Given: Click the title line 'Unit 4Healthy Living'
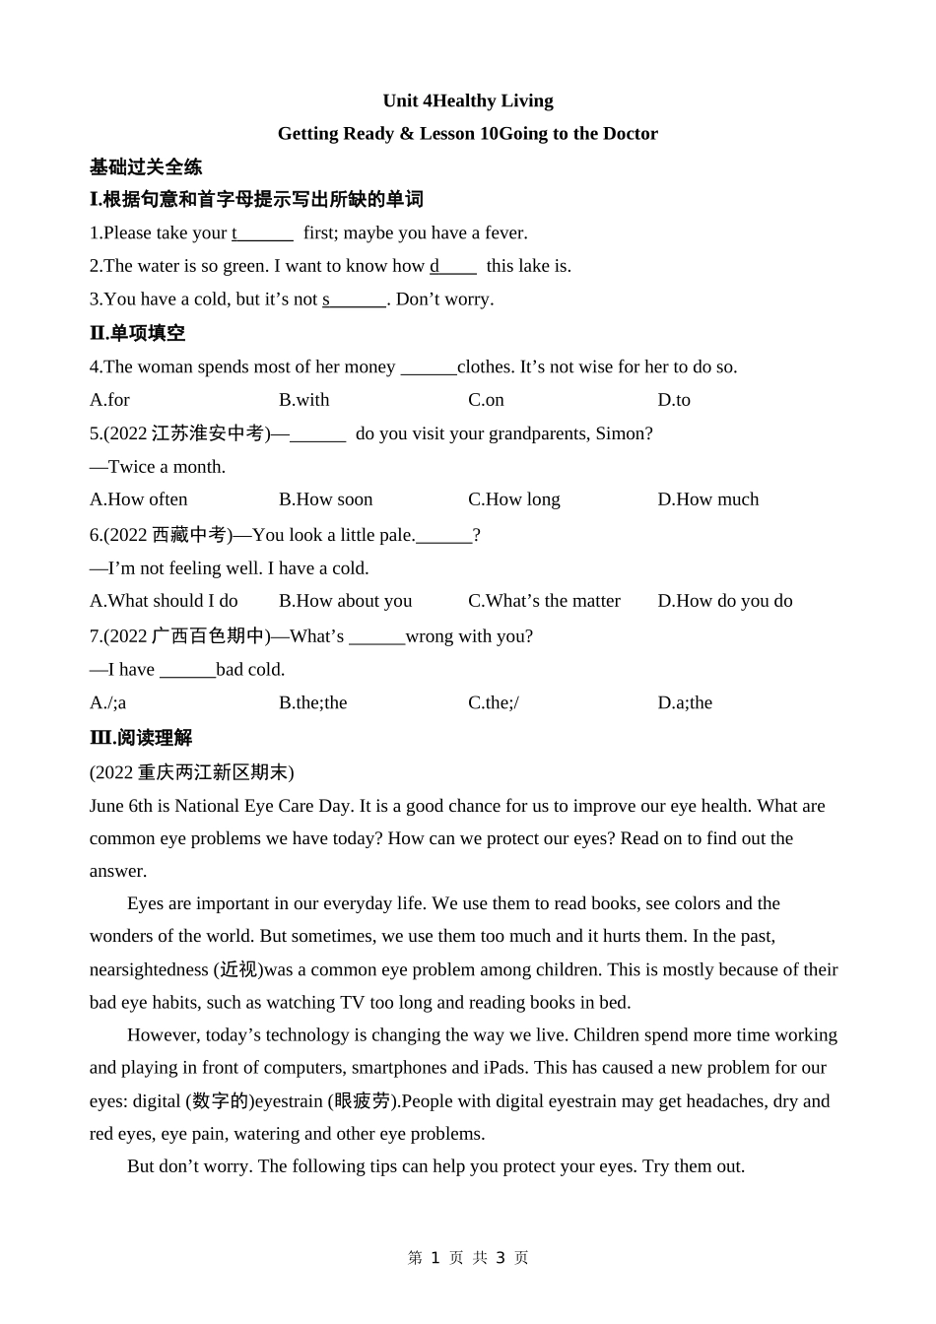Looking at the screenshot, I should [x=468, y=100].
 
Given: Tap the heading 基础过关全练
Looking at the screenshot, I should [x=146, y=166].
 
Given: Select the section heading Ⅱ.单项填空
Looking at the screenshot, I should [x=137, y=333].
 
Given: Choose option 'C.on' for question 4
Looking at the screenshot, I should [x=486, y=400].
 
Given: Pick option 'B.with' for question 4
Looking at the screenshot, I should [x=303, y=400].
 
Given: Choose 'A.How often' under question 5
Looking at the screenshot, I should [x=138, y=499].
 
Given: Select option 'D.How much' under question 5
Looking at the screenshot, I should [x=707, y=499].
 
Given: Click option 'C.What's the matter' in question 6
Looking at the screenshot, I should [x=544, y=601].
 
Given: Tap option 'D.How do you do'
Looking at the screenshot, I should [x=724, y=601].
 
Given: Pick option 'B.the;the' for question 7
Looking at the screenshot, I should [x=312, y=702].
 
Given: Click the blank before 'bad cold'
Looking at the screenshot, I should [x=187, y=670].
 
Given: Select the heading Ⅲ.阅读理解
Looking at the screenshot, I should [x=141, y=738].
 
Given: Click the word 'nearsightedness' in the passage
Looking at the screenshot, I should [x=149, y=969].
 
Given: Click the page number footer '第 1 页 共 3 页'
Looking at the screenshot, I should [x=468, y=1258].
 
